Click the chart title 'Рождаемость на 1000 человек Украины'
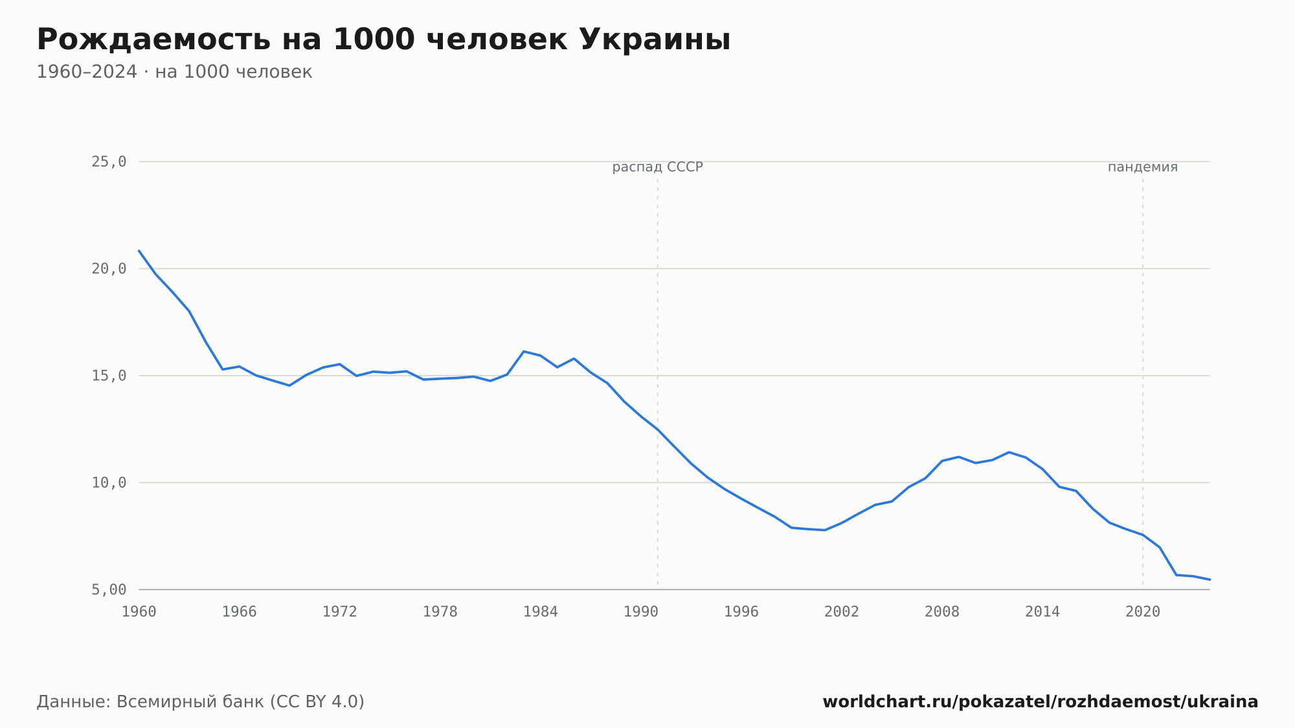(x=383, y=40)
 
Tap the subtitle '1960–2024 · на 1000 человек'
(x=174, y=72)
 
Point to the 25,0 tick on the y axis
(x=109, y=162)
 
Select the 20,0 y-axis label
(x=109, y=269)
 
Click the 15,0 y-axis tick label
(x=109, y=376)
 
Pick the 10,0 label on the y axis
(x=109, y=483)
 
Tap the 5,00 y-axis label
(x=109, y=589)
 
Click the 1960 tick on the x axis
(x=139, y=612)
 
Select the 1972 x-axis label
(x=340, y=612)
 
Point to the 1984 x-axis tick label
(x=541, y=612)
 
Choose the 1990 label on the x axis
(x=641, y=612)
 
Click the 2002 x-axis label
(x=842, y=612)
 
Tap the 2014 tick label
(x=1042, y=612)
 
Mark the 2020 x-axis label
(x=1143, y=612)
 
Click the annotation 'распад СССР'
(x=658, y=167)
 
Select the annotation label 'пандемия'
(x=1143, y=167)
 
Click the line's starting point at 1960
(x=139, y=251)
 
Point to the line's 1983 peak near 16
(x=524, y=351)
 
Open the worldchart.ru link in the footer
(x=1041, y=702)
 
